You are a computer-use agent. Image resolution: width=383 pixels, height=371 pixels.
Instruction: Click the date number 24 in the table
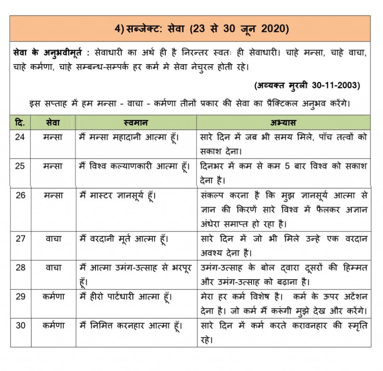pyautogui.click(x=20, y=137)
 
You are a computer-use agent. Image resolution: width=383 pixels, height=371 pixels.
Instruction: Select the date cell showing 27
pyautogui.click(x=20, y=239)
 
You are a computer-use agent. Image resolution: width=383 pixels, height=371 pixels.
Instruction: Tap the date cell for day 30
pyautogui.click(x=20, y=325)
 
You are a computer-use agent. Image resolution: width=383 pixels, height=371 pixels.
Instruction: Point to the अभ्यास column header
pyautogui.click(x=283, y=122)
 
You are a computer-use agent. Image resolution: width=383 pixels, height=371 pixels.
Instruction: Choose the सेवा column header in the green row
pyautogui.click(x=53, y=122)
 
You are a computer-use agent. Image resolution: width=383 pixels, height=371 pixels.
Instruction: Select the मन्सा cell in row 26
pyautogui.click(x=53, y=195)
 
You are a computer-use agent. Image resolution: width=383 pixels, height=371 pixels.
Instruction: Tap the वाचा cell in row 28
pyautogui.click(x=53, y=267)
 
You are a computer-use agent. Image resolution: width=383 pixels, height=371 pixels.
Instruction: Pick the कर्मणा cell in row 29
pyautogui.click(x=53, y=297)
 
